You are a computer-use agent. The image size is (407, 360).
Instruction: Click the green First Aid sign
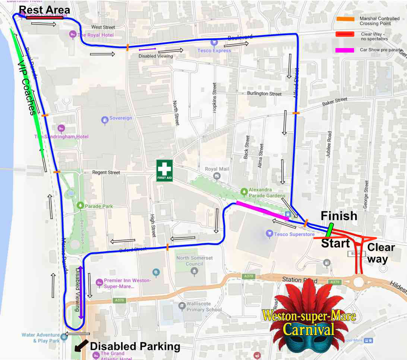tap(164, 170)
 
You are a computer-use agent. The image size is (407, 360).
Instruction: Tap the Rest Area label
tap(44, 10)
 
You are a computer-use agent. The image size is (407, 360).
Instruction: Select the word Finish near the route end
tap(339, 216)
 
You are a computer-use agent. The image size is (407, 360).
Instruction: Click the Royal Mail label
tap(217, 169)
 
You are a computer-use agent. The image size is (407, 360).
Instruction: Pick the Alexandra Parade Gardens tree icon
tap(244, 192)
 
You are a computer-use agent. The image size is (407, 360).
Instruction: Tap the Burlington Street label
tap(264, 94)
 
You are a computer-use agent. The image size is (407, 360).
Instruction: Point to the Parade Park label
tap(98, 206)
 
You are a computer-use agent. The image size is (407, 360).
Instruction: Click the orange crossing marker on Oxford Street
tap(167, 246)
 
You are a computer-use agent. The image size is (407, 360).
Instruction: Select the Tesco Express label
tap(214, 51)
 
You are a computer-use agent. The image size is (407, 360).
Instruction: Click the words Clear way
tap(381, 253)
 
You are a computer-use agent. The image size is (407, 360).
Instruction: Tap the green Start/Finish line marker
tap(329, 230)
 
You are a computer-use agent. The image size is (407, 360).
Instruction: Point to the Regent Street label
tap(106, 173)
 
